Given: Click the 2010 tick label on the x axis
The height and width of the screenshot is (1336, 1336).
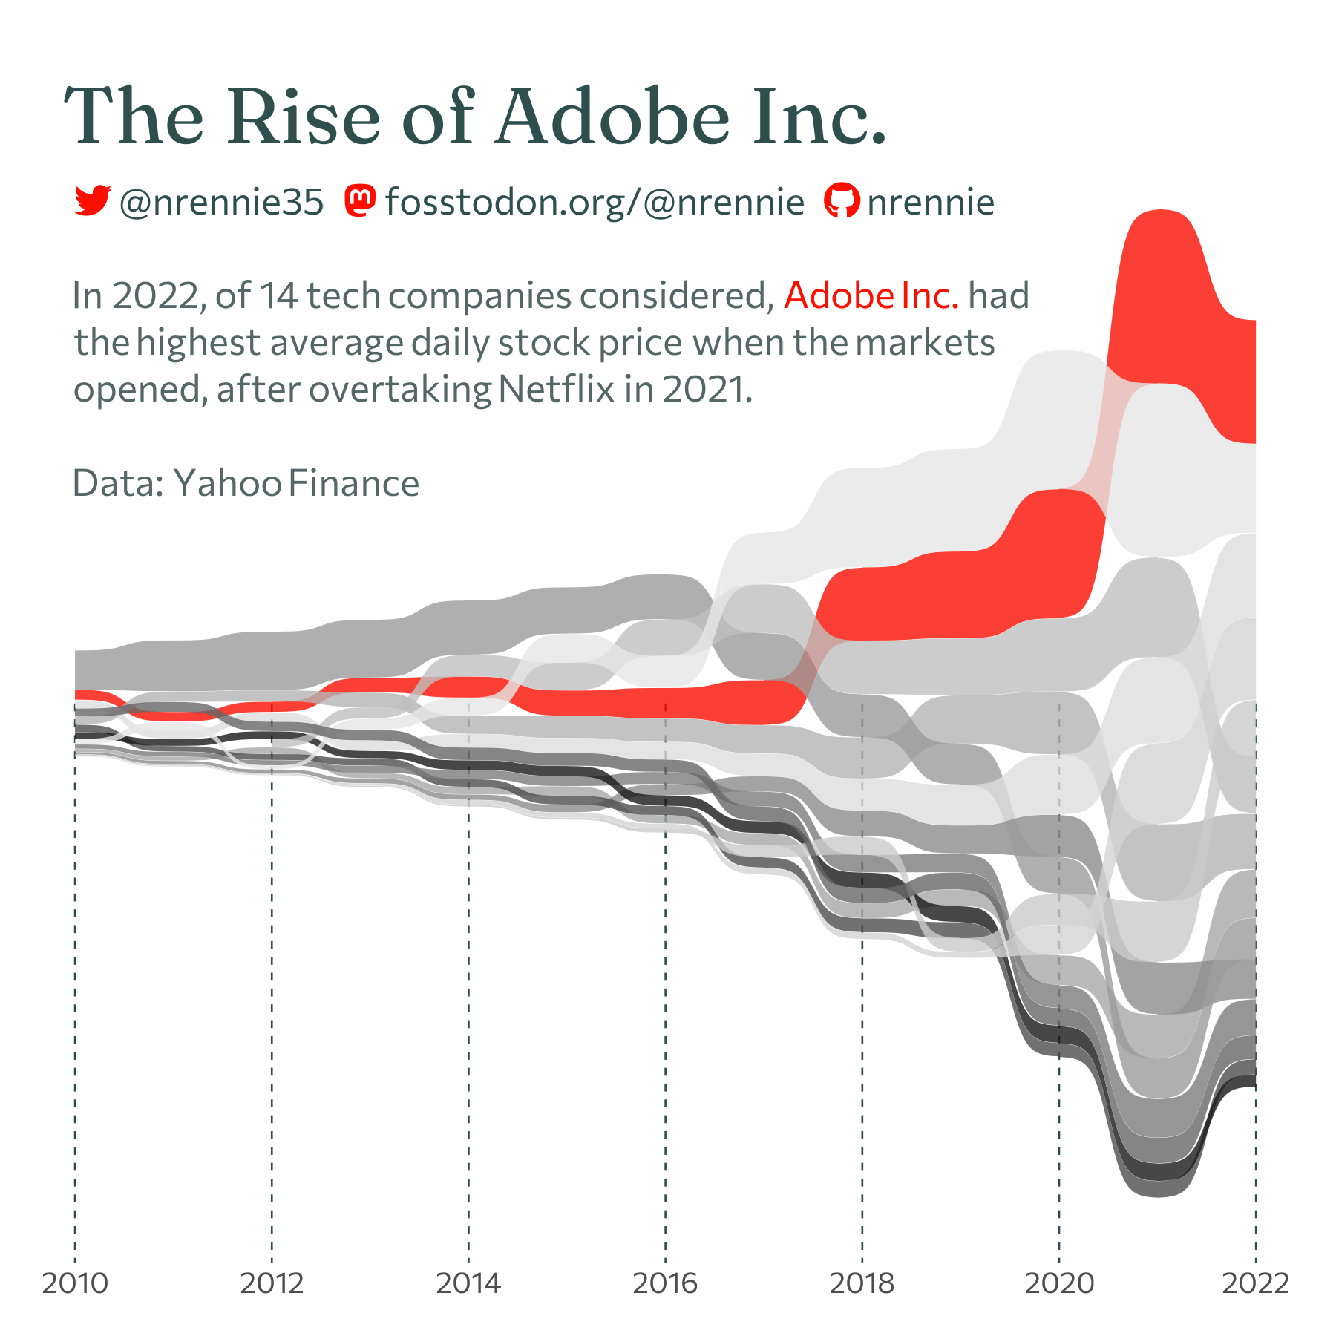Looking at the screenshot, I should click(x=75, y=1283).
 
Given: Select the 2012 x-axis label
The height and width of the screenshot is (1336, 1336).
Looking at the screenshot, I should click(x=272, y=1283).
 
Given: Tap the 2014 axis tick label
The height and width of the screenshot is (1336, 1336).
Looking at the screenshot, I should click(x=468, y=1283).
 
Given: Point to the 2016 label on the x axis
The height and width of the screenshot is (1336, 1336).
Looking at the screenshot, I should click(x=665, y=1283).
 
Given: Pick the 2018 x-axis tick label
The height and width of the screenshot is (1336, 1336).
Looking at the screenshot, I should click(x=862, y=1283).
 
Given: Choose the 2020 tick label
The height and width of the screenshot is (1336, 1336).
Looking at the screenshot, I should click(x=1059, y=1283).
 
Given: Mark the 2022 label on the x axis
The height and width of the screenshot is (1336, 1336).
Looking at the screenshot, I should click(x=1256, y=1283).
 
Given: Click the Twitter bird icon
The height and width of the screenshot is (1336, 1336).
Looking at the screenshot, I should click(x=92, y=200).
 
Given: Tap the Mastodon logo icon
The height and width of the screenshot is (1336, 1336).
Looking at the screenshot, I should click(x=361, y=200).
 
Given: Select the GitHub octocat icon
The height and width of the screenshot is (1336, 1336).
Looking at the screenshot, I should click(x=842, y=200).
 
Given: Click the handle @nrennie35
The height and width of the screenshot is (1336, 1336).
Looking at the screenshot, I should click(x=221, y=202).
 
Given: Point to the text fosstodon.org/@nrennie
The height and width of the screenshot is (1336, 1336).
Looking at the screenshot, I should click(x=595, y=202).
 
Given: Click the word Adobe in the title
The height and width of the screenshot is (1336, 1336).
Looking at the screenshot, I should click(x=613, y=117).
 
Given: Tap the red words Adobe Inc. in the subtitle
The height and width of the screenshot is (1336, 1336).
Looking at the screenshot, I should click(x=871, y=295).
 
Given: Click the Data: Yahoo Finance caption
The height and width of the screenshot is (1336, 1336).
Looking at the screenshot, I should click(x=246, y=483).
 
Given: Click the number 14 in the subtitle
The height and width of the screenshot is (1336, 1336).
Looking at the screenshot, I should click(x=279, y=295).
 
